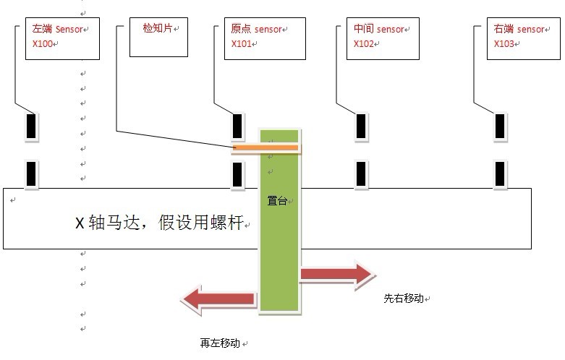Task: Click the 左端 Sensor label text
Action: click(x=58, y=30)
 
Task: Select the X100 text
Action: click(x=43, y=44)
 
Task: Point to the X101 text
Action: click(x=241, y=43)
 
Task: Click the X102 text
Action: click(x=365, y=43)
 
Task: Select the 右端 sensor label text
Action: click(x=519, y=30)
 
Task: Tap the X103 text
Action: click(x=504, y=43)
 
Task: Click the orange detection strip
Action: click(x=265, y=148)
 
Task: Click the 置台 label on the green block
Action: click(x=277, y=202)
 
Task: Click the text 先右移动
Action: click(x=403, y=299)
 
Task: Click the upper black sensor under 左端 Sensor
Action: click(x=31, y=127)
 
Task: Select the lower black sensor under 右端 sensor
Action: click(x=500, y=174)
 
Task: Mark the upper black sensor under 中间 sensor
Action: click(x=360, y=127)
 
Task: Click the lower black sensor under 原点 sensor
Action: click(x=237, y=174)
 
